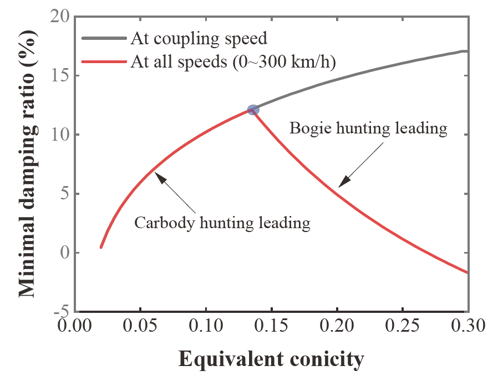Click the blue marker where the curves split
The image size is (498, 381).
(253, 110)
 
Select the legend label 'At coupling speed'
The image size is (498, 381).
(199, 39)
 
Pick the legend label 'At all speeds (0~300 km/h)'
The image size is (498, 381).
(232, 61)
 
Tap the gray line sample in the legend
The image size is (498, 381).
(105, 38)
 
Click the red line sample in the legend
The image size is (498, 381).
(105, 61)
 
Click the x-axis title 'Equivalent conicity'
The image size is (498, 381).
(271, 359)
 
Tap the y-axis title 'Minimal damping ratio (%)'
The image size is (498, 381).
(30, 164)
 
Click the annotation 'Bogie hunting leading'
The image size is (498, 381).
(368, 128)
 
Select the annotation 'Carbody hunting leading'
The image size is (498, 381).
(222, 223)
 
